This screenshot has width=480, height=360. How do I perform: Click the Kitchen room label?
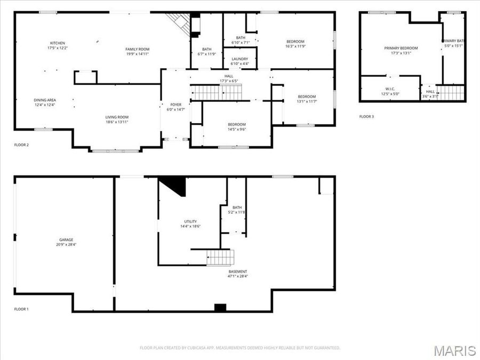[58, 43]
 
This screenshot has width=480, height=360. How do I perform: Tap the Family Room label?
[137, 49]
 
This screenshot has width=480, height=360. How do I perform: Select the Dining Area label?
[45, 100]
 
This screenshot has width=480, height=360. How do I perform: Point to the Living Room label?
[116, 117]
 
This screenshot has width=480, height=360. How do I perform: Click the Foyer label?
[176, 105]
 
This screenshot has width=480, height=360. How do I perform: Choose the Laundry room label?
[239, 59]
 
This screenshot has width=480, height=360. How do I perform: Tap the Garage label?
[66, 239]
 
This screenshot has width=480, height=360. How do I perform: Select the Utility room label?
[190, 221]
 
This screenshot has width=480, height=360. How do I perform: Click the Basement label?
[238, 271]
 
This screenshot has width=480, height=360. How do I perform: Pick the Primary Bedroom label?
[401, 48]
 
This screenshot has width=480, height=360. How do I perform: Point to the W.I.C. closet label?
[390, 89]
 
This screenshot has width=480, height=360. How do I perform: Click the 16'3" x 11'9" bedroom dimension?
[295, 46]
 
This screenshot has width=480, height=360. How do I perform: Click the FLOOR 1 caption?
[21, 309]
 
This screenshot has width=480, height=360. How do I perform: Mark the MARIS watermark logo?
[454, 350]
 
